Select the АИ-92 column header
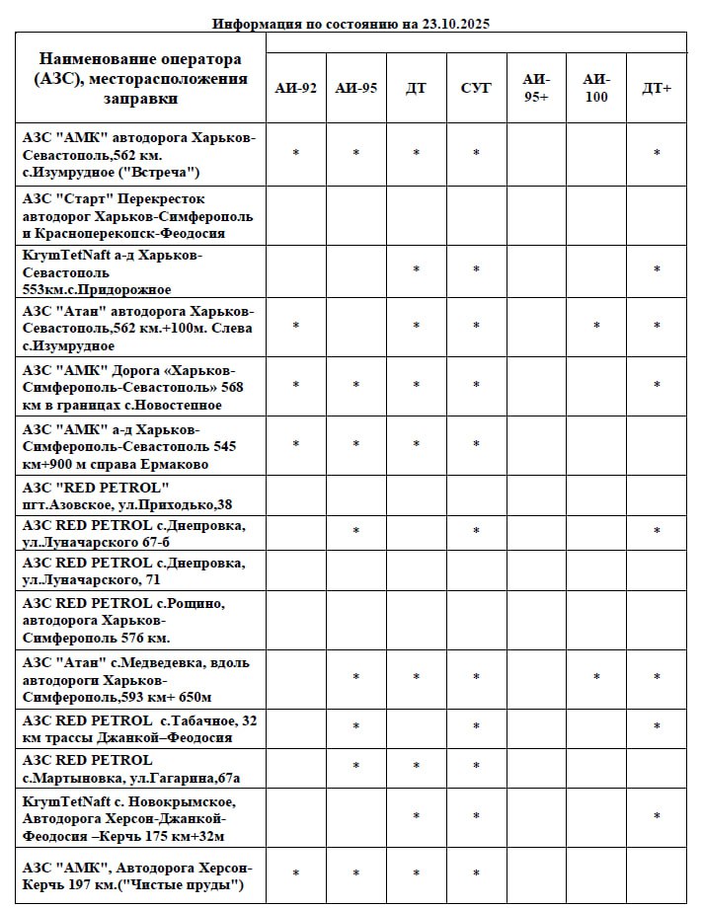coord(296,88)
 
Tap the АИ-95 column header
coord(356,88)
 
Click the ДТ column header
coord(417,88)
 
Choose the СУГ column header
coord(476,88)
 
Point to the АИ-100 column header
coord(596,88)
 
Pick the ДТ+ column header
coord(657,88)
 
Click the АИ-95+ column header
coord(536,88)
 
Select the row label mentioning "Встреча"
coord(138,155)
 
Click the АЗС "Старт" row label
coord(138,216)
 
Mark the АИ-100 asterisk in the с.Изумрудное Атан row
coord(596,327)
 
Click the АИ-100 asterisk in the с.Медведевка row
coord(596,678)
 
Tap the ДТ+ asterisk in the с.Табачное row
coord(657,728)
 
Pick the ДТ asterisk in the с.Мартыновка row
coord(417,767)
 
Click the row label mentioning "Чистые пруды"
coord(138,875)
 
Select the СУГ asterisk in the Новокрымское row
coord(476,817)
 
